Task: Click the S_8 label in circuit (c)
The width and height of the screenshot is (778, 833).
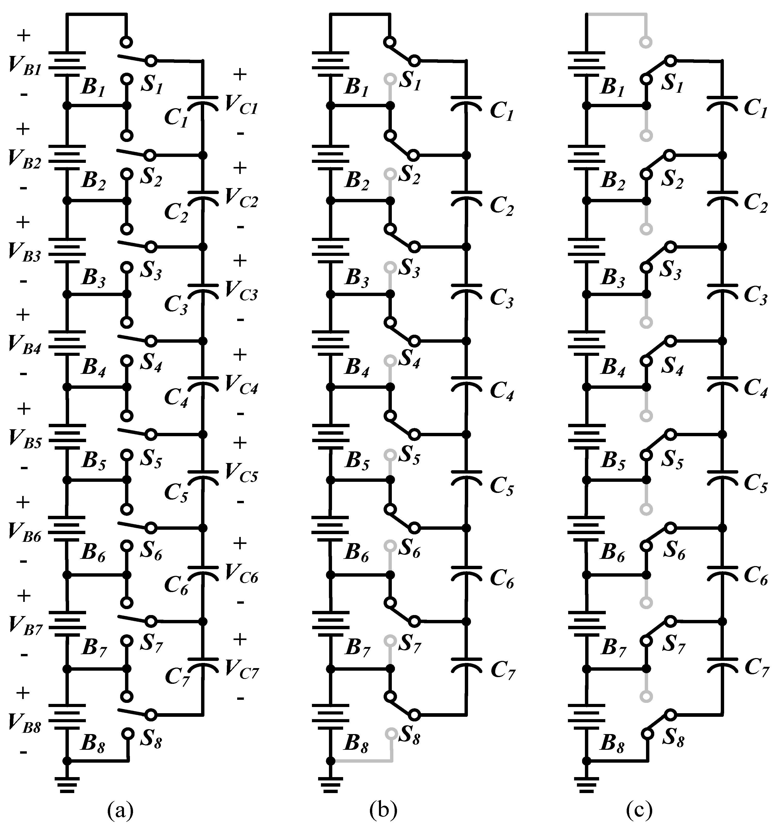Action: pos(673,741)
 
